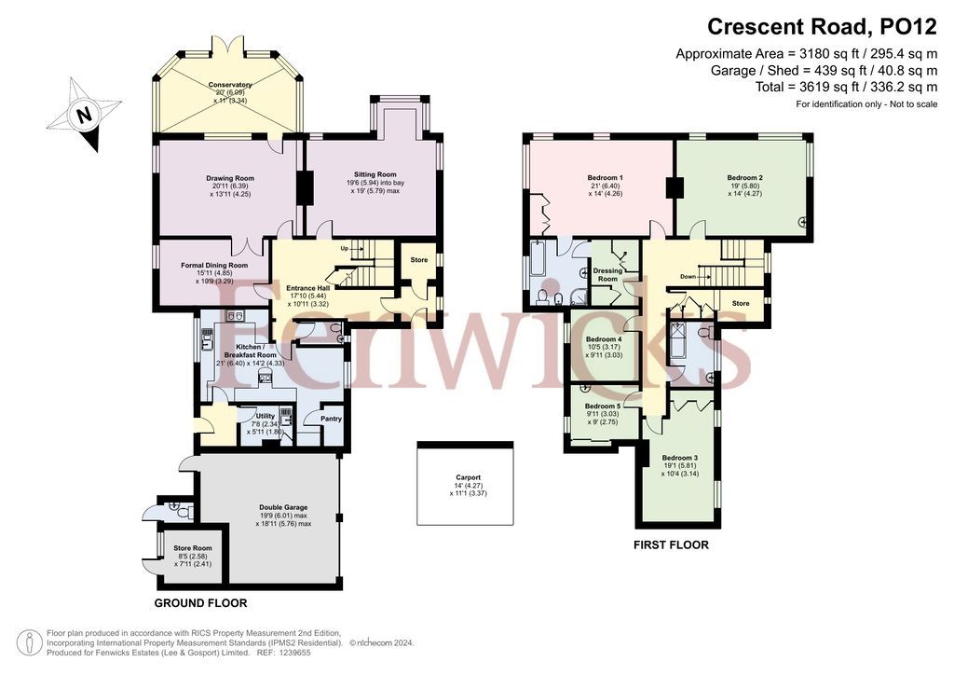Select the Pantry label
pyautogui.click(x=331, y=419)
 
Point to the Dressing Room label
pyautogui.click(x=607, y=274)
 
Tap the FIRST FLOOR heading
pyautogui.click(x=671, y=544)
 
